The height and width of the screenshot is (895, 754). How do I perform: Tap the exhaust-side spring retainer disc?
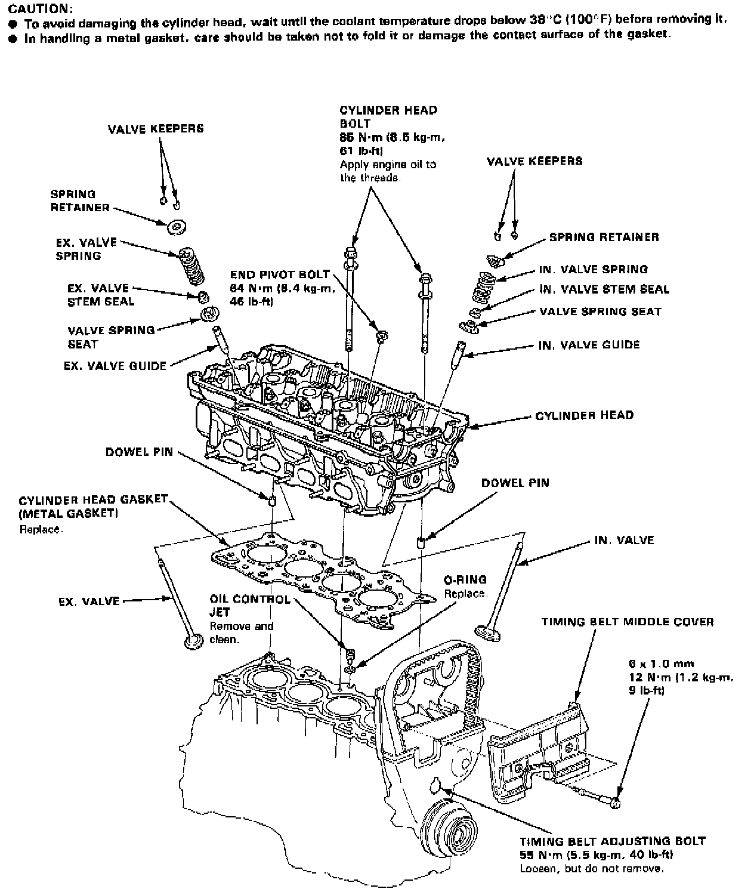coord(177,226)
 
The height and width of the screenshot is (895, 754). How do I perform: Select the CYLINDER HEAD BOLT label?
coord(388,117)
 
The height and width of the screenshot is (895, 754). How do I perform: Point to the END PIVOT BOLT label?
coord(280,275)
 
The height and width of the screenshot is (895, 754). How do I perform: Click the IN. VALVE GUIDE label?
coord(589,345)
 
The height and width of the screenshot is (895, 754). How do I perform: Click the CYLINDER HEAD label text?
coord(584,415)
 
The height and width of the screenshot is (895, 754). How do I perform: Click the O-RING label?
coord(465,579)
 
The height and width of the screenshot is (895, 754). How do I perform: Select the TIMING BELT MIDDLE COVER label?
coord(627,622)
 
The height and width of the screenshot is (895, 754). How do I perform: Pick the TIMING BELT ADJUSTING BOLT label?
coord(613,841)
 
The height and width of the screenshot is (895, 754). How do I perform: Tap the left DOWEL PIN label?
coord(139,452)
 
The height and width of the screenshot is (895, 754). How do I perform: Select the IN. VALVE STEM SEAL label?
coord(604,289)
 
